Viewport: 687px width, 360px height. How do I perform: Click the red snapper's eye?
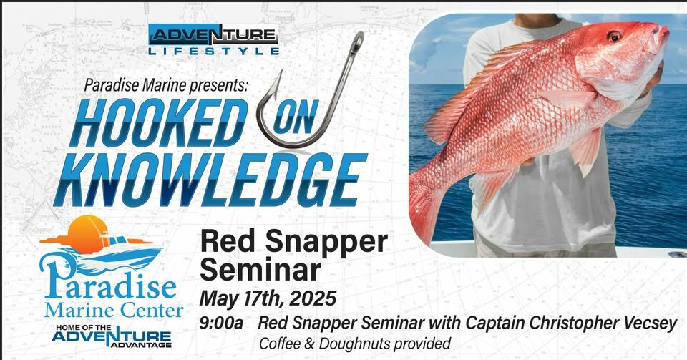click(614, 36)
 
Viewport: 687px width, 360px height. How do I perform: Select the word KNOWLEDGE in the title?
click(210, 180)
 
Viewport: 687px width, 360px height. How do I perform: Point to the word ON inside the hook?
click(294, 118)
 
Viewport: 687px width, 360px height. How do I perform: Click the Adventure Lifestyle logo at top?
click(213, 39)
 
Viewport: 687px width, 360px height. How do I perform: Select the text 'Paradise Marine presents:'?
click(166, 85)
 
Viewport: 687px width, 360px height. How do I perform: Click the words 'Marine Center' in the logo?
click(114, 311)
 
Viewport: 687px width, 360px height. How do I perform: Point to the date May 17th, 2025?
click(268, 298)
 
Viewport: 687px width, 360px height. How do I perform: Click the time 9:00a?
click(221, 323)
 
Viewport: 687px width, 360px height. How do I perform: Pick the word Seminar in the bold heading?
click(260, 271)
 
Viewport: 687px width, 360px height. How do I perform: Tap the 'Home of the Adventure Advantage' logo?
click(112, 336)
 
